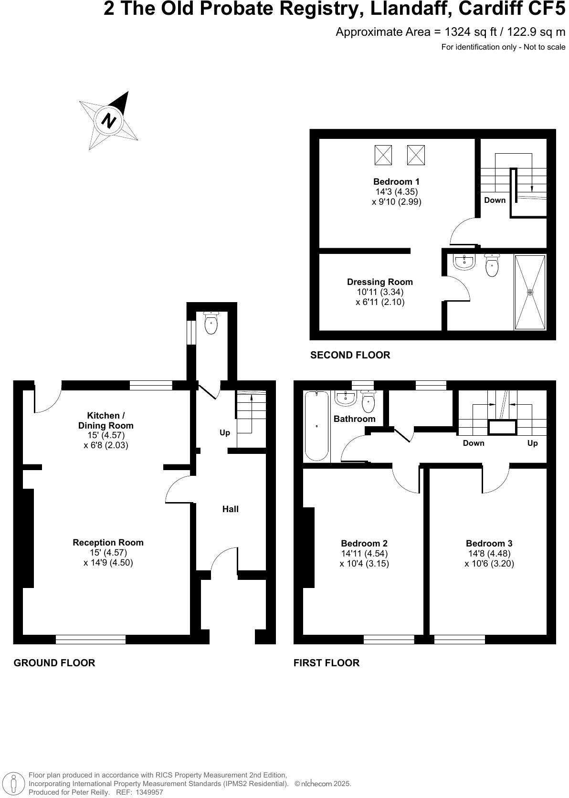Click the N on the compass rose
tap(110, 120)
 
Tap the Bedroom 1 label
tap(396, 182)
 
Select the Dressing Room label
tap(379, 282)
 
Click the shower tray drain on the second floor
tap(529, 292)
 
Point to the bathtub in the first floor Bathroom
tap(316, 426)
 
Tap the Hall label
tap(231, 509)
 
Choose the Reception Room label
tap(108, 543)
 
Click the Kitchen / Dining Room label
tap(106, 420)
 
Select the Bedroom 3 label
tap(489, 544)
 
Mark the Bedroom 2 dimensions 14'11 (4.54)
tap(364, 554)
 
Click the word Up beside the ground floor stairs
tap(225, 433)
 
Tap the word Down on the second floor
tap(495, 200)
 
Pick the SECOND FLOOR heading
tap(350, 355)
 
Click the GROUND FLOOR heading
tap(54, 663)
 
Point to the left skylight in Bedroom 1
tap(383, 155)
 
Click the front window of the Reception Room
tap(91, 640)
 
